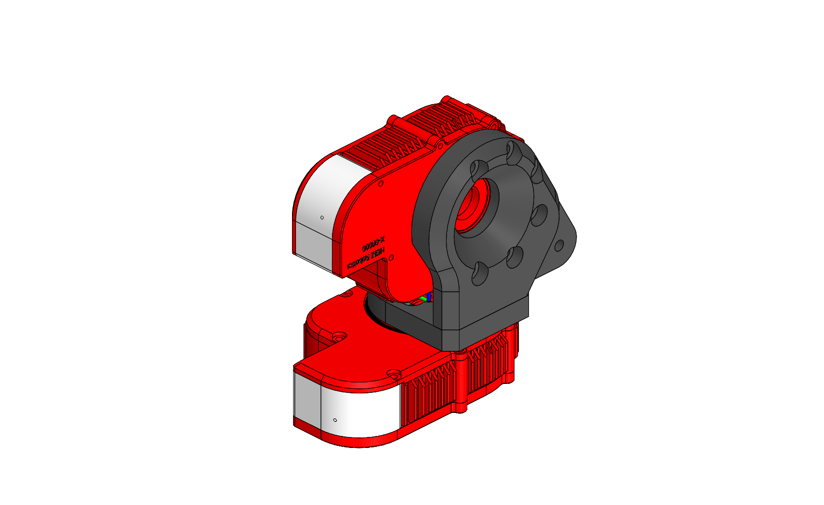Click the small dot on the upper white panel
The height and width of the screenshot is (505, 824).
pos(322,217)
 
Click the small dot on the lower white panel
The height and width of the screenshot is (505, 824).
pos(335,420)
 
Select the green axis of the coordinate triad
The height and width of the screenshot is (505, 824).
pos(423,299)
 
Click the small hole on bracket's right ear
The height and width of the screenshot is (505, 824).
pos(559,245)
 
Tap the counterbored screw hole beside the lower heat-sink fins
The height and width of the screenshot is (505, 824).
pos(394,373)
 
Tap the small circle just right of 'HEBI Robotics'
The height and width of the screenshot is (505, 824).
pos(391,257)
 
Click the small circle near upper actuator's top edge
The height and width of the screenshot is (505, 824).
pos(381,184)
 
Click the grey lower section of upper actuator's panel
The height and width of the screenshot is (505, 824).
pos(315,246)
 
